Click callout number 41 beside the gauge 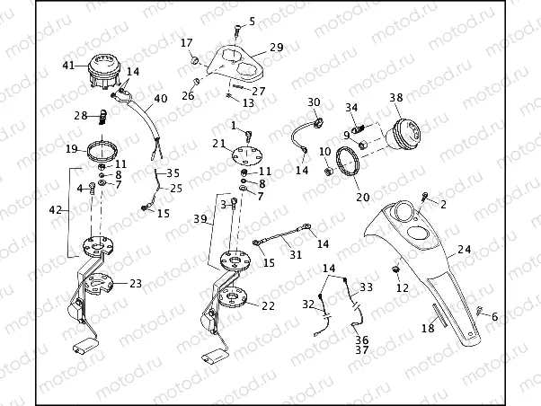coord(68,65)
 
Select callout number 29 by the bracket coord(276,47)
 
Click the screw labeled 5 coord(236,31)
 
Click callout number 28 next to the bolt coord(79,115)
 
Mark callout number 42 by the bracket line coord(56,209)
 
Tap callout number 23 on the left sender coord(135,284)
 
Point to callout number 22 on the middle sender coord(268,305)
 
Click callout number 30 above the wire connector coord(314,102)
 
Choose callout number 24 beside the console coord(464,250)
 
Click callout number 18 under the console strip coord(429,330)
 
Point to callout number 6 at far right coord(493,316)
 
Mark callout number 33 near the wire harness coord(366,287)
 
